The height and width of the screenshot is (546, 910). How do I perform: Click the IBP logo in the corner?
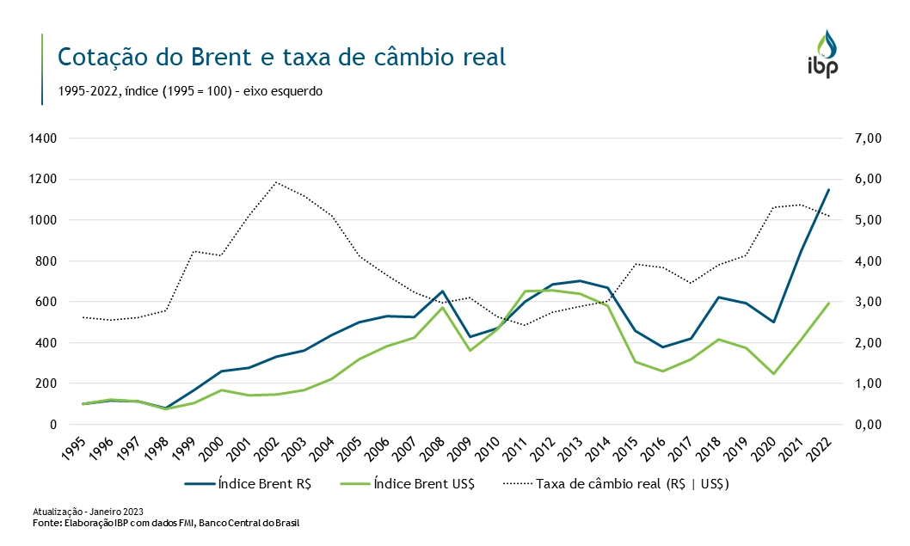pos(827,54)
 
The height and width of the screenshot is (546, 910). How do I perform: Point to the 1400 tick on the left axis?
pos(41,138)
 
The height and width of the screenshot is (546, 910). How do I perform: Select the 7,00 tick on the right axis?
pos(863,138)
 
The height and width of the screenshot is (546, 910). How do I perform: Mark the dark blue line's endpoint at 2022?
pos(828,189)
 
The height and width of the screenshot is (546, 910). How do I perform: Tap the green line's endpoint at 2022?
pos(828,303)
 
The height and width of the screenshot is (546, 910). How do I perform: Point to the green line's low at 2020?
pos(773,374)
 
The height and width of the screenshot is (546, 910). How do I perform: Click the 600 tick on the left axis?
pos(45,302)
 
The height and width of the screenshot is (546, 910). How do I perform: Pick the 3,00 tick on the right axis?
pos(863,302)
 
